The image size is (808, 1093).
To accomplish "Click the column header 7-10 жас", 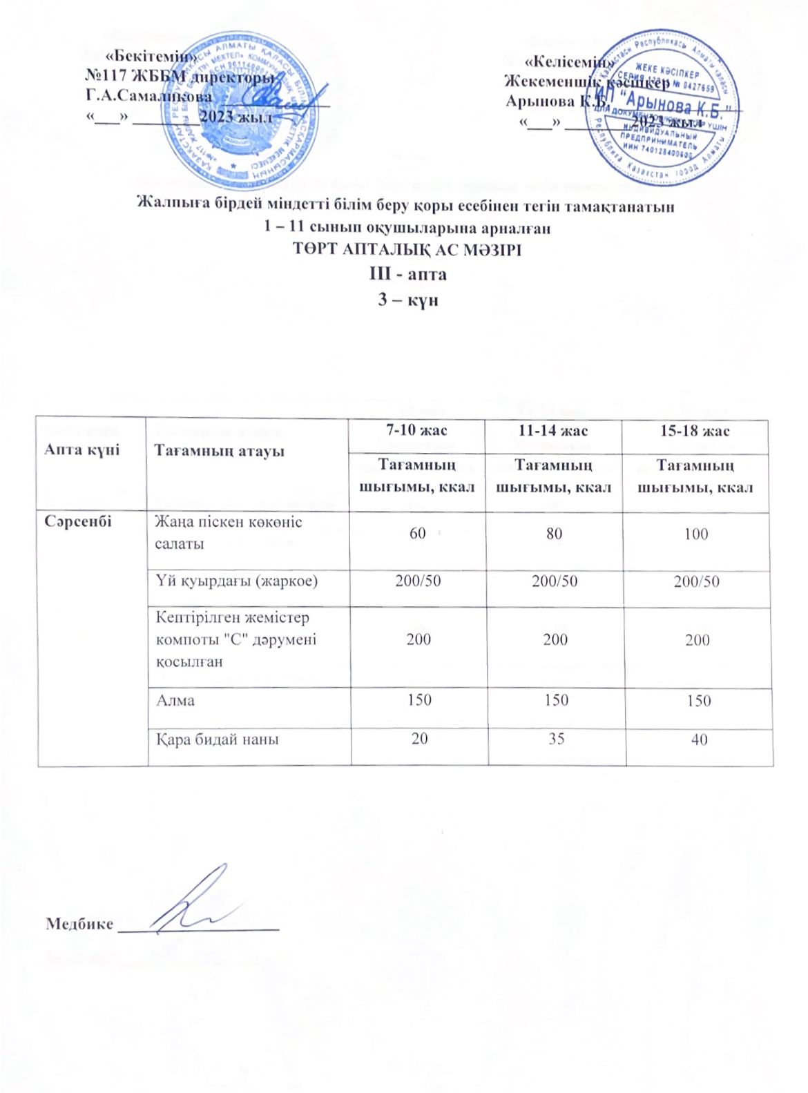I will coord(416,431).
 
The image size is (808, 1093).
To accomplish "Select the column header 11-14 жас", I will coord(553,431).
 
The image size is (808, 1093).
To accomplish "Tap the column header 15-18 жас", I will coord(695,431).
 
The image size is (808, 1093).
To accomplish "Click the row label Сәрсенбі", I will coord(77,521).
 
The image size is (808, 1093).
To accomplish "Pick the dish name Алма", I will coord(175,700).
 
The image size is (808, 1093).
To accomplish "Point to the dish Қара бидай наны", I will coord(218,739).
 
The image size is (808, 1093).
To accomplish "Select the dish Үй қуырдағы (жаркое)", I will coord(237,581).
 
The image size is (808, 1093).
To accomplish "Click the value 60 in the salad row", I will coord(417,533).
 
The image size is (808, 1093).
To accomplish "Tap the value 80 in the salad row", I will coord(554,534).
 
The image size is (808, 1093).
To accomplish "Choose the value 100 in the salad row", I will coord(696,534).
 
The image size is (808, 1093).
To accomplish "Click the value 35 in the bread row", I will coord(556,739).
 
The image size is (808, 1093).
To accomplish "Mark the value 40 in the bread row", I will coord(699,739).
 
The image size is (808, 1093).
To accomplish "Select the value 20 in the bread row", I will coord(419,739).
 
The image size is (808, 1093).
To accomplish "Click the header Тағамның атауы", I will coord(219,451).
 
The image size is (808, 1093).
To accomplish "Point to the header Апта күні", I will coord(81,449).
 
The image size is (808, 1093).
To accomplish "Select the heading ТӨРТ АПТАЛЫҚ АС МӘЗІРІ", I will coord(407,249).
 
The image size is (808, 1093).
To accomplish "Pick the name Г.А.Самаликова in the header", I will coord(148,97).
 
